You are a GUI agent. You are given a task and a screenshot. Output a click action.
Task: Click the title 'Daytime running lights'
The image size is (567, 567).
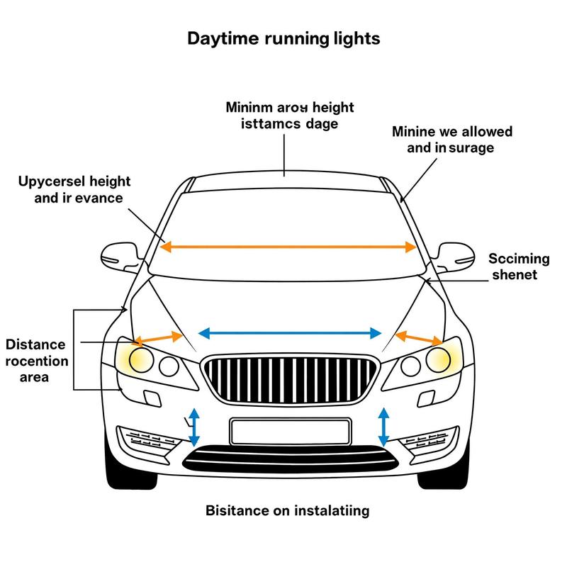pos(283,38)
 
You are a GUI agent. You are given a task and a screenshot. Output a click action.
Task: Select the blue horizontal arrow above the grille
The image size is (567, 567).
pos(289,332)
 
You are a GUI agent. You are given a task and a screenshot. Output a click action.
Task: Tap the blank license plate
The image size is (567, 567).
pos(291,430)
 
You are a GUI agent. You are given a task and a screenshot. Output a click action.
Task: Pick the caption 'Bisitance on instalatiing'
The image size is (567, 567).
pos(286,510)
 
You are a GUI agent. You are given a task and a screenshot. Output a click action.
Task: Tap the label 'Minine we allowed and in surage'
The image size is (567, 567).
pos(451,140)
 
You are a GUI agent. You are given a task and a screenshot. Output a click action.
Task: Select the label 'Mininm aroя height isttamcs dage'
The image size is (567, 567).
pos(289,116)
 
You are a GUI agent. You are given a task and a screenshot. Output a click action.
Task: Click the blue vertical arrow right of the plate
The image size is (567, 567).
pos(384,425)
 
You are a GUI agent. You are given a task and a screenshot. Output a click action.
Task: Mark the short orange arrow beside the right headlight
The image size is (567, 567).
pos(417,337)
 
